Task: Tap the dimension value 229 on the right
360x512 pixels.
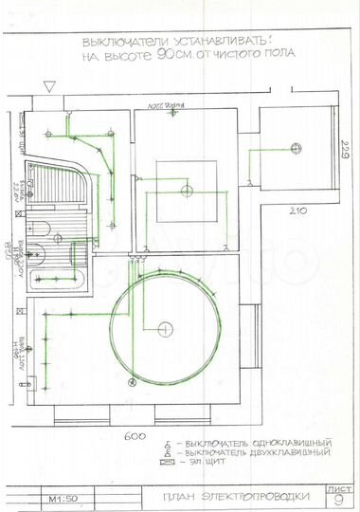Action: [347, 152]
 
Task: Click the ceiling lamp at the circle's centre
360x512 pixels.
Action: [165, 328]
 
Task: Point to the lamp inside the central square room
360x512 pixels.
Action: [181, 189]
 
